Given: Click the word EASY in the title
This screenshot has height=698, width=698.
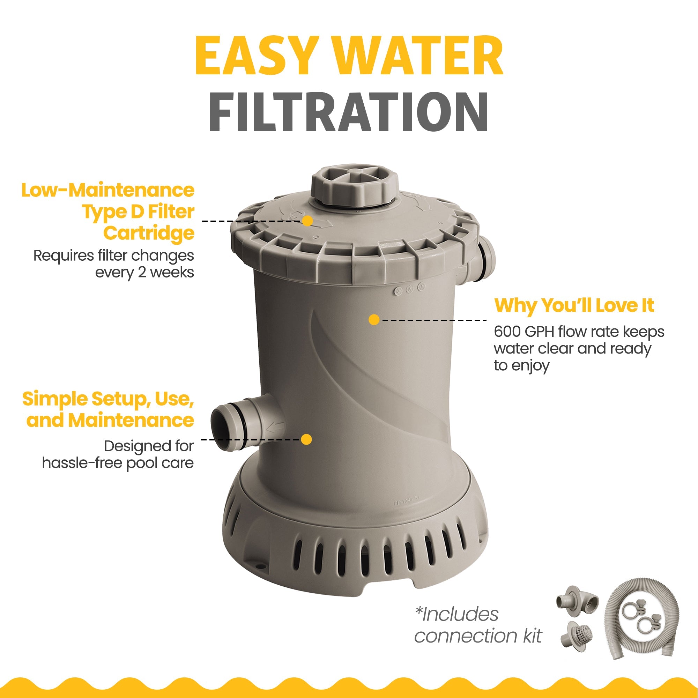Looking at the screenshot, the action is pos(257,55).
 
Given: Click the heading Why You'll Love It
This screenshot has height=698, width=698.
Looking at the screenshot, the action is pos(574,306).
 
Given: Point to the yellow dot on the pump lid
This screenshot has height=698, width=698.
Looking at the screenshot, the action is pos(307,221).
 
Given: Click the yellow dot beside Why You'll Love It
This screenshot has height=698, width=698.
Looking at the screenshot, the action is pos(374,320).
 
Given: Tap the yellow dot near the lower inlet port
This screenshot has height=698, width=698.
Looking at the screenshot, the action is pos(306,439).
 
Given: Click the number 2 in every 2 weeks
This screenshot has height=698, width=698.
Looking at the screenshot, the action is pos(142,273).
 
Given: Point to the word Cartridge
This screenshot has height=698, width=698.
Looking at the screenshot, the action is pos(149,234).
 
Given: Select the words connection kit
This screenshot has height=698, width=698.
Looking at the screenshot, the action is pos(478,636).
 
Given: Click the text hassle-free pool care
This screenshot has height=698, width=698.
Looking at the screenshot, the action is pos(118,463).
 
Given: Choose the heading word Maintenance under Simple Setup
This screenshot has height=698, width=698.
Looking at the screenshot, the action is pos(131,420).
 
